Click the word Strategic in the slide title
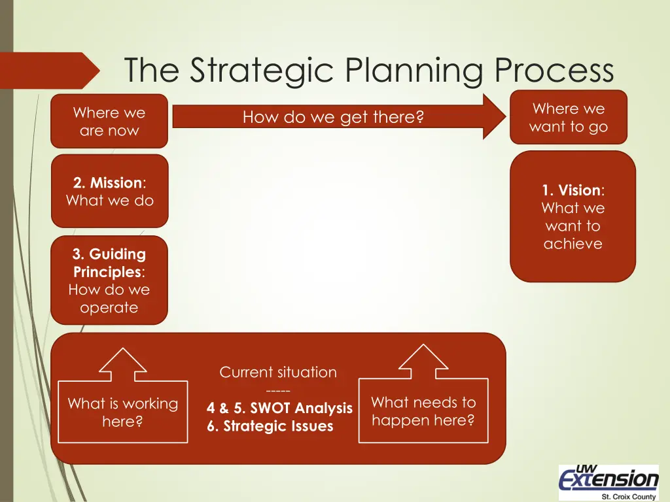[x=262, y=70]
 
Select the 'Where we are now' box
[x=109, y=122]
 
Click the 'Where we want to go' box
[x=568, y=118]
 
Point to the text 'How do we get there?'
[x=333, y=118]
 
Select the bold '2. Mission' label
[x=107, y=183]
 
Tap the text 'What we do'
[x=109, y=201]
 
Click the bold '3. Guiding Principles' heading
[x=109, y=263]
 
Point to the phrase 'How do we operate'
[x=109, y=299]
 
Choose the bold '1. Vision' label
[x=571, y=191]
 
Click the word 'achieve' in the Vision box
[x=573, y=244]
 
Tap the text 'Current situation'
[x=278, y=373]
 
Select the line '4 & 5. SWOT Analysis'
[x=279, y=409]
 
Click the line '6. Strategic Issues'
[x=270, y=426]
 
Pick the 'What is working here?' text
[x=122, y=412]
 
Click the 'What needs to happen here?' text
[x=423, y=411]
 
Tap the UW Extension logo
[x=608, y=478]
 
